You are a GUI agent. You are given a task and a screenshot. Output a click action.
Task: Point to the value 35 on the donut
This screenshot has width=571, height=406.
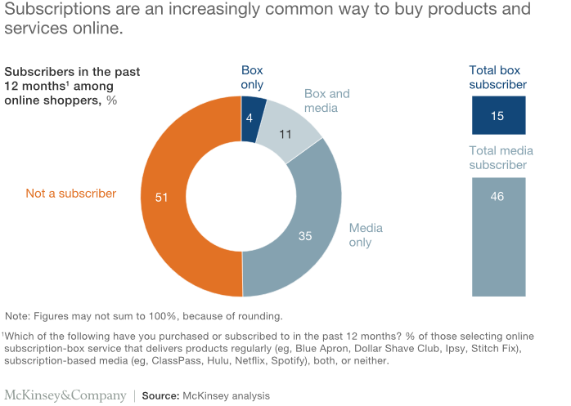click(304, 236)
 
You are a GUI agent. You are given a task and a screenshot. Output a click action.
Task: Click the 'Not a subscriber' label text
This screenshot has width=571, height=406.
click(71, 194)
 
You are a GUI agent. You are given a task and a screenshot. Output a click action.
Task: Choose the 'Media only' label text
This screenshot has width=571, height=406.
click(366, 236)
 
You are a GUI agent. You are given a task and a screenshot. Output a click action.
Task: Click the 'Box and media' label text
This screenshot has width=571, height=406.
click(327, 101)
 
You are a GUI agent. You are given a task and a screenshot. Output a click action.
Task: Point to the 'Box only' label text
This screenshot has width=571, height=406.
click(252, 78)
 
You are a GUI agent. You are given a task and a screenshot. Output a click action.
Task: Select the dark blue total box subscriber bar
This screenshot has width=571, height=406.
click(497, 116)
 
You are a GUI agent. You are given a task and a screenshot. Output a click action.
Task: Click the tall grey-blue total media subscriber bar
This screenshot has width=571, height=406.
click(497, 237)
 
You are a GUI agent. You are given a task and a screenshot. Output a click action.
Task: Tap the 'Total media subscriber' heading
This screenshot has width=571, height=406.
click(497, 158)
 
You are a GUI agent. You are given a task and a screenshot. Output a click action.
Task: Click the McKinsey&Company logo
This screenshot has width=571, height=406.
click(65, 395)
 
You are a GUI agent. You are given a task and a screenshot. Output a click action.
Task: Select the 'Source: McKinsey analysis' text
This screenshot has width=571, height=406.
click(205, 395)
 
